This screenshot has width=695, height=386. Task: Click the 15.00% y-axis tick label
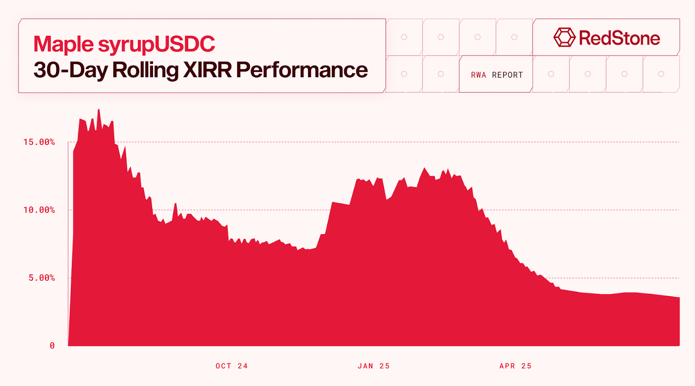(x=39, y=142)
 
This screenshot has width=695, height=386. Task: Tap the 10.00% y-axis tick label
(x=39, y=210)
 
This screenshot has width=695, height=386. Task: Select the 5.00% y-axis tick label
(x=42, y=278)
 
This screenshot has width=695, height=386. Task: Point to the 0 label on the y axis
(x=52, y=346)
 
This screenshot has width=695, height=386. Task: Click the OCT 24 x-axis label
(x=232, y=366)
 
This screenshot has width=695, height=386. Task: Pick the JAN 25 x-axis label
(x=374, y=366)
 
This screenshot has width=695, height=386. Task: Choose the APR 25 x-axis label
(x=516, y=366)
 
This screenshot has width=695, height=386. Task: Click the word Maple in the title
(x=63, y=45)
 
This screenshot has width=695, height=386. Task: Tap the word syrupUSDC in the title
(x=156, y=45)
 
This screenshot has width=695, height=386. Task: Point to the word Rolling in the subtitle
(x=145, y=70)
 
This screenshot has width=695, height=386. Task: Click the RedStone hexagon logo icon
(x=565, y=37)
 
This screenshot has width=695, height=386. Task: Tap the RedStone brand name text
(x=619, y=38)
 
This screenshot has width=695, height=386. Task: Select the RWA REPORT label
(x=497, y=75)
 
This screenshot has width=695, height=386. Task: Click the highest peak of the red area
(x=99, y=109)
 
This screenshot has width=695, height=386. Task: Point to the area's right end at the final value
(x=679, y=298)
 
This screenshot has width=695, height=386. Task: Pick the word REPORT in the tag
(x=507, y=75)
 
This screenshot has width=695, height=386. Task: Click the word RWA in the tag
(x=478, y=75)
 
